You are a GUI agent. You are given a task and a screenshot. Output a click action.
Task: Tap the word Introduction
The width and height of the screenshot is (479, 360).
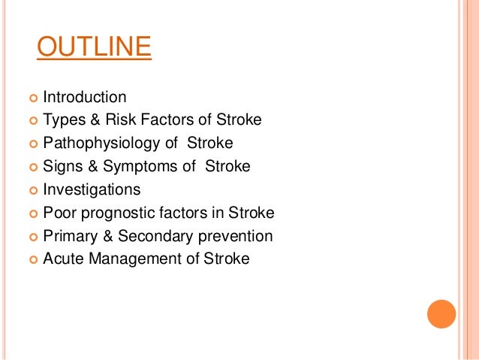(85, 97)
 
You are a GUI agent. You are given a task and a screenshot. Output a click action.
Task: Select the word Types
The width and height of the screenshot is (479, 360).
(62, 119)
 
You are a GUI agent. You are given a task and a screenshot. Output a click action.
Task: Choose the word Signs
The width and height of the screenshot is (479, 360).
(62, 167)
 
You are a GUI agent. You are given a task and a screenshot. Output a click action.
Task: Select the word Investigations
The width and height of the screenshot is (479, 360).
(92, 190)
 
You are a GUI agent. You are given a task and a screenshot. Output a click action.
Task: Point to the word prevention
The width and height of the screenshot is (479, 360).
(235, 236)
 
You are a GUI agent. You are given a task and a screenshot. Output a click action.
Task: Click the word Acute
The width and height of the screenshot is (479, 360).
(62, 259)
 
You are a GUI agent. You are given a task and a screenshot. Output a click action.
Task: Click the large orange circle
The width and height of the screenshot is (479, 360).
(441, 313)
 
